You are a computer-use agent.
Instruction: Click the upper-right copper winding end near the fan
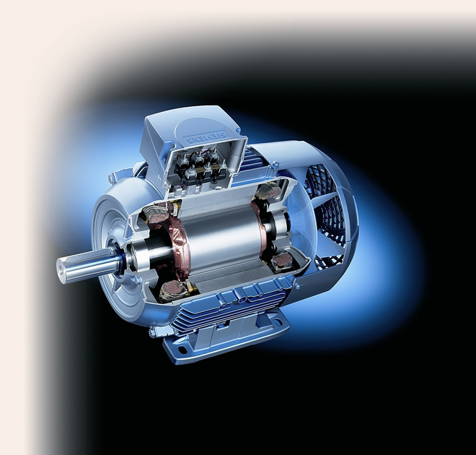click(x=268, y=191)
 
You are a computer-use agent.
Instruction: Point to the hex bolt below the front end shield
click(x=152, y=333)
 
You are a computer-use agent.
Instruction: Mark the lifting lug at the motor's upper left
click(x=115, y=176)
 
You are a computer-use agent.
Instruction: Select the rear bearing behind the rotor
click(x=268, y=227)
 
